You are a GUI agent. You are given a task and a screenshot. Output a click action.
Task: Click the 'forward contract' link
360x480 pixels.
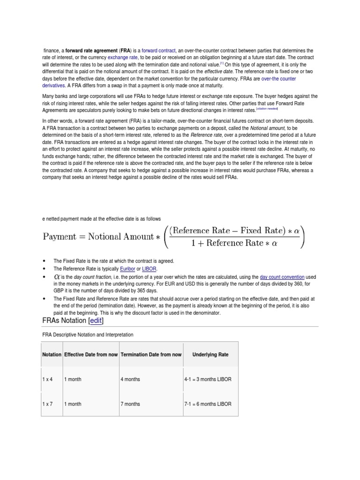(159, 51)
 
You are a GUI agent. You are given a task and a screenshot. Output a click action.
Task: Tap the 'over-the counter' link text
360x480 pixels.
(278, 79)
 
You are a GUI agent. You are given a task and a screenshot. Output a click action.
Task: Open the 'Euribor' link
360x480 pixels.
(127, 269)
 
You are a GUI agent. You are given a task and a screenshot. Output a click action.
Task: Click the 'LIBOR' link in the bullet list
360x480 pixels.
(150, 269)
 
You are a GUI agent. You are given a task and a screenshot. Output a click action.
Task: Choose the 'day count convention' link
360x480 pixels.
(282, 277)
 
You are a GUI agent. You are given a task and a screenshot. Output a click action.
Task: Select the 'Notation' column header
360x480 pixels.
(52, 354)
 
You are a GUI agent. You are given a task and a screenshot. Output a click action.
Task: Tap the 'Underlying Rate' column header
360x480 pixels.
(210, 354)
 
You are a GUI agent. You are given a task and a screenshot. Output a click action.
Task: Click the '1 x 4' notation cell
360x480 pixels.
(47, 379)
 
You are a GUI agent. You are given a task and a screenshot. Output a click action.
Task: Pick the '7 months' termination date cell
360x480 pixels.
(130, 404)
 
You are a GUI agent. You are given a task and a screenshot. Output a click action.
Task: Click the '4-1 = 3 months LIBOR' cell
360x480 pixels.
(208, 379)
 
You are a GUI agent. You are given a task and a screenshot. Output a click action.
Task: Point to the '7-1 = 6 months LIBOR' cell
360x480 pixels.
(208, 404)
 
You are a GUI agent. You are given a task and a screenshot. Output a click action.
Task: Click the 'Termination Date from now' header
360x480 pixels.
(151, 354)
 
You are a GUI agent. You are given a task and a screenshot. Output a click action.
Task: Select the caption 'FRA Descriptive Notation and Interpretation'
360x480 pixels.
(88, 335)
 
